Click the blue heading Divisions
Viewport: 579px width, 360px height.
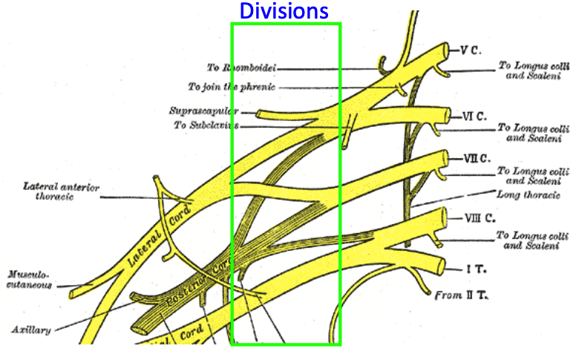coord(284,11)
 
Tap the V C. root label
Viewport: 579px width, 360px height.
coord(471,50)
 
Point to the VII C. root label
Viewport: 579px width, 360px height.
coord(476,158)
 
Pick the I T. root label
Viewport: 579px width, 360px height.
coord(471,267)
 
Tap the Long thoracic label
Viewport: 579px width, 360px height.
coord(528,194)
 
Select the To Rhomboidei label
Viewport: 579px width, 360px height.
coord(239,68)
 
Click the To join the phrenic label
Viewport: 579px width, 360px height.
coord(232,87)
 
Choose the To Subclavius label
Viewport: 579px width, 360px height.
coord(206,125)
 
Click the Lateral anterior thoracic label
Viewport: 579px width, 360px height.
coord(61,192)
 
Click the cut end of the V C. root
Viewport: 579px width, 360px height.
coord(448,53)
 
